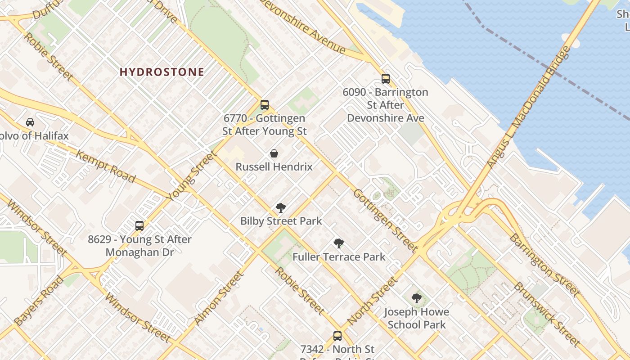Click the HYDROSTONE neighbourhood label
point(162,72)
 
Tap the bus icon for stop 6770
point(265,105)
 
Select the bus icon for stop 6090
point(386,79)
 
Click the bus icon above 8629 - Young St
point(139,226)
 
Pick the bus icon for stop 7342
point(337,336)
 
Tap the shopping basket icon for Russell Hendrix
point(274,153)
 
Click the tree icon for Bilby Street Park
point(281,207)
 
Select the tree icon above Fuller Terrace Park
point(339,243)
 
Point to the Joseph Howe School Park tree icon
point(417,298)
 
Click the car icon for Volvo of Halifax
point(30,122)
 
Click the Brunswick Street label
point(547,314)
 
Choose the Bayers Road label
point(39,301)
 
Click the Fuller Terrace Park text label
point(339,257)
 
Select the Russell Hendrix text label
point(274,167)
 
